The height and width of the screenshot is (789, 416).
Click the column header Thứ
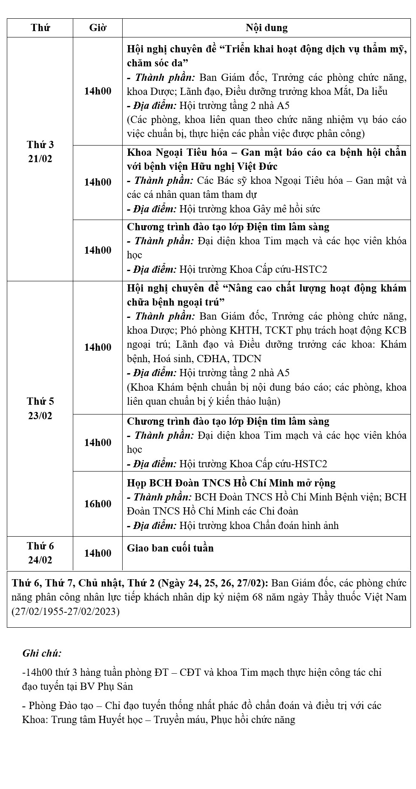click(x=40, y=28)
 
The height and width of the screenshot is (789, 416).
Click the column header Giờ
click(x=98, y=28)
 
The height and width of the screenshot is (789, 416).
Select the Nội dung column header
click(x=267, y=28)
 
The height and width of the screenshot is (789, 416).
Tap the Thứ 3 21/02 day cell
click(x=40, y=152)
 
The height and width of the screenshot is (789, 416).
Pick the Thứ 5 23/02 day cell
click(x=40, y=409)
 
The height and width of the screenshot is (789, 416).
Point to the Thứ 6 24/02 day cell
click(x=40, y=553)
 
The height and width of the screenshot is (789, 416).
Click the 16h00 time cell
click(x=98, y=504)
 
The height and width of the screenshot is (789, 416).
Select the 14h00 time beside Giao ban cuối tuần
click(x=98, y=553)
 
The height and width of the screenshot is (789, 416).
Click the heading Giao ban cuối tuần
click(x=170, y=548)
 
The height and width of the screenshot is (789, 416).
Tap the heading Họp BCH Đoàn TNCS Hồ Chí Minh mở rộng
click(x=231, y=483)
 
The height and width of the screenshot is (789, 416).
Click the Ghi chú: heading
click(x=42, y=653)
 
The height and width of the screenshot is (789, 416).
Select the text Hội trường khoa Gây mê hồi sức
click(x=250, y=209)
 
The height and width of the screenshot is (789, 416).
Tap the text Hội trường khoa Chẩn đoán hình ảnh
click(x=259, y=526)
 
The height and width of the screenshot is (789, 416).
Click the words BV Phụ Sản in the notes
click(x=106, y=686)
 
